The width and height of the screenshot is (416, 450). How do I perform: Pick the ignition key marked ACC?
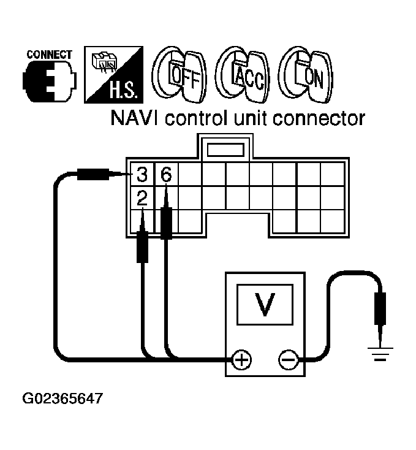[x=243, y=76]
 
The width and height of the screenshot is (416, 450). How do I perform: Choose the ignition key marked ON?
[x=306, y=76]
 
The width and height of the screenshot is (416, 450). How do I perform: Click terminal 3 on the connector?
[x=142, y=175]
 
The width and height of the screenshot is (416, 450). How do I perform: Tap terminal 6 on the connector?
[x=165, y=175]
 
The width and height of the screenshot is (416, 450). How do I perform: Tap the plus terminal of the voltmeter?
[x=243, y=359]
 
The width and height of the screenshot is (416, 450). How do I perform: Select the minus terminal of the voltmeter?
[x=287, y=359]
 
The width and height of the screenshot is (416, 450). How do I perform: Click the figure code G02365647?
[x=62, y=399]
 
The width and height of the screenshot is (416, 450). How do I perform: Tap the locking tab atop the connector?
[x=226, y=149]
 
